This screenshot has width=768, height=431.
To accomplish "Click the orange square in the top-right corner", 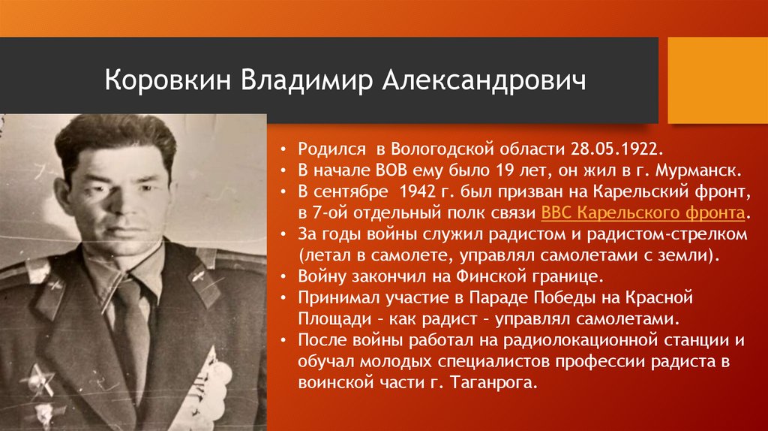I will (x=718, y=80).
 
